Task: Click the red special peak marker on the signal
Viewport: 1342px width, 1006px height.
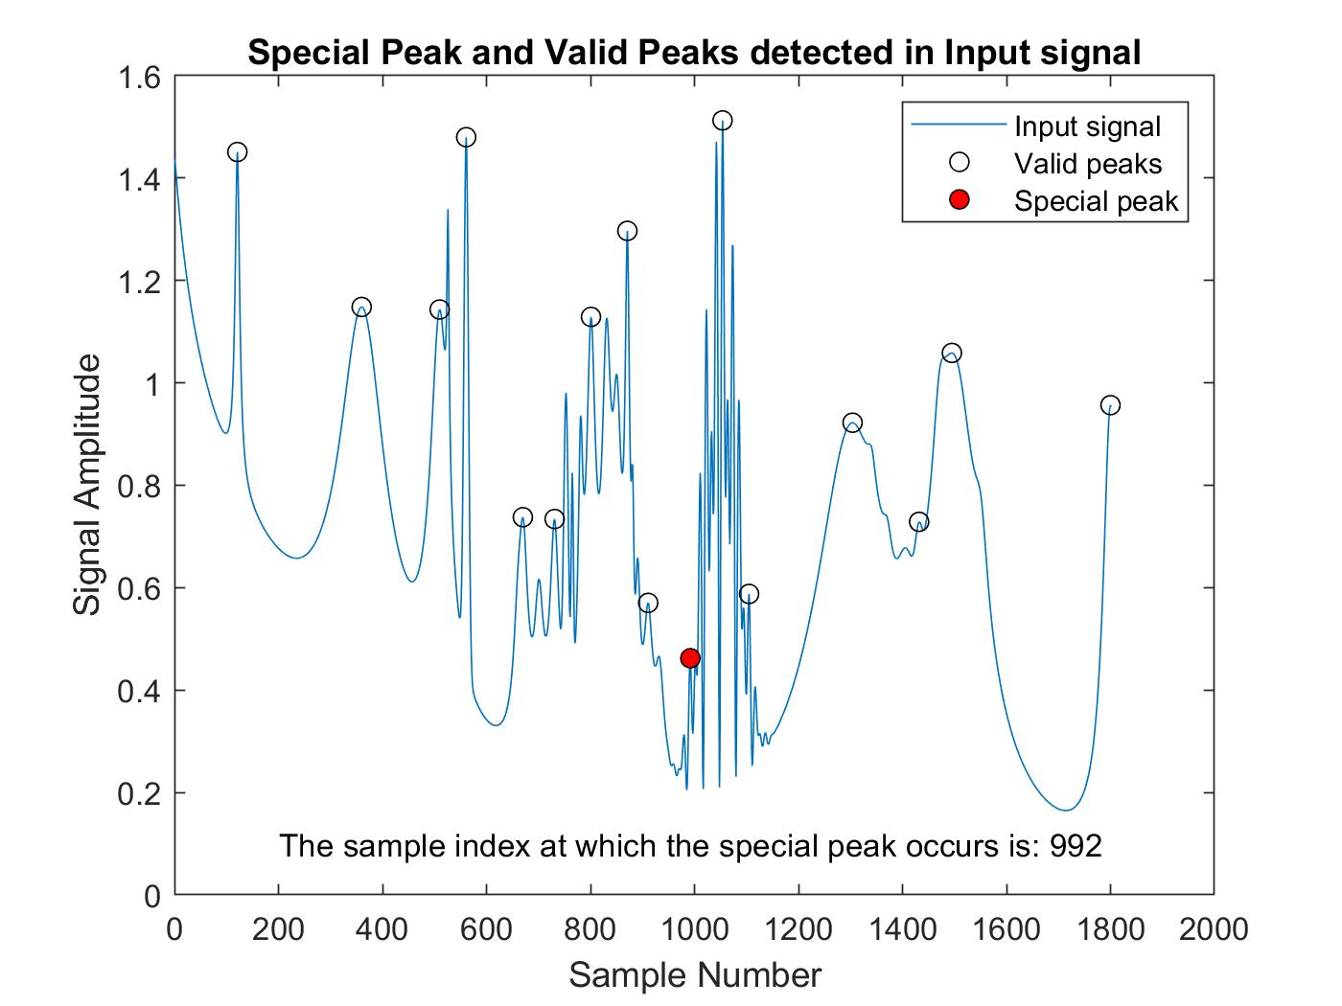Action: (690, 658)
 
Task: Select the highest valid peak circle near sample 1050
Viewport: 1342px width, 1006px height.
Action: (723, 121)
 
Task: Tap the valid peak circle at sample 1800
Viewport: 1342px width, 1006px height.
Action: (1110, 405)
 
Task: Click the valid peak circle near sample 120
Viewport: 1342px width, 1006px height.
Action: (238, 152)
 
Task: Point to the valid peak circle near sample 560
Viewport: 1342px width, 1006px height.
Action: (466, 137)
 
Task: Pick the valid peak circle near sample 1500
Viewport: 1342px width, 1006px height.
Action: (952, 354)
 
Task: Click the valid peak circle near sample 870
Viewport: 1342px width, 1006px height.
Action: (628, 231)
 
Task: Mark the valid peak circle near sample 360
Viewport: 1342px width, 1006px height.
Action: (361, 308)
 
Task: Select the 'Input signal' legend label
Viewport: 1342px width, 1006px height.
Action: (1087, 127)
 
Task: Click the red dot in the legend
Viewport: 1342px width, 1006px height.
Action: (959, 200)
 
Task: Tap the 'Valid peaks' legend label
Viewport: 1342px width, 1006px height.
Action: (1088, 164)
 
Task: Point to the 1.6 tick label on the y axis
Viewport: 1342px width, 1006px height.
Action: (139, 77)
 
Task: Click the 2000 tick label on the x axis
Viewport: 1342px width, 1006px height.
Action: (1214, 929)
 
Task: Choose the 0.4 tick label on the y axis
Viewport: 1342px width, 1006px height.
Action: (139, 691)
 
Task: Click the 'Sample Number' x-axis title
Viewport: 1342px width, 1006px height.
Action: (695, 975)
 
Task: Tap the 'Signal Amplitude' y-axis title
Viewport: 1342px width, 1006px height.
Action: (88, 486)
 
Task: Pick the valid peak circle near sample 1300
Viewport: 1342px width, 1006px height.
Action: (852, 423)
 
